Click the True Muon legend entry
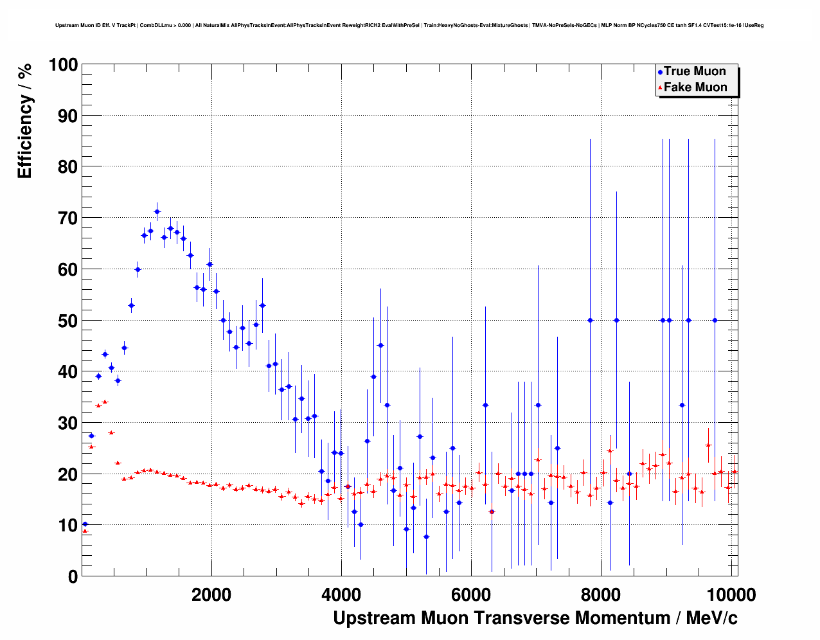coord(695,71)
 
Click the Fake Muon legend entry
coord(695,87)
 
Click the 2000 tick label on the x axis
coord(211,595)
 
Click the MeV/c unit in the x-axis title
coord(711,618)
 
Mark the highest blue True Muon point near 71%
coord(157,211)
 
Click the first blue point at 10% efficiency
coord(85,524)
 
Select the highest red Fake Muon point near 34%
coord(105,402)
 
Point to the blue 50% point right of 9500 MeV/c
coord(714,320)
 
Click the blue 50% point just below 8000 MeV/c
coord(590,320)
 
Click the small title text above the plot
coord(409,25)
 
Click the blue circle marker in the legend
coord(660,72)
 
